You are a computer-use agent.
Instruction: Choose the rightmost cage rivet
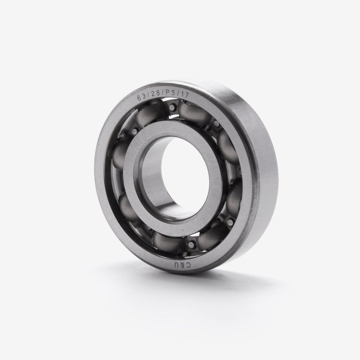pos(226,219)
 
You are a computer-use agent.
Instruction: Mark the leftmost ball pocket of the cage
pos(119,158)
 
